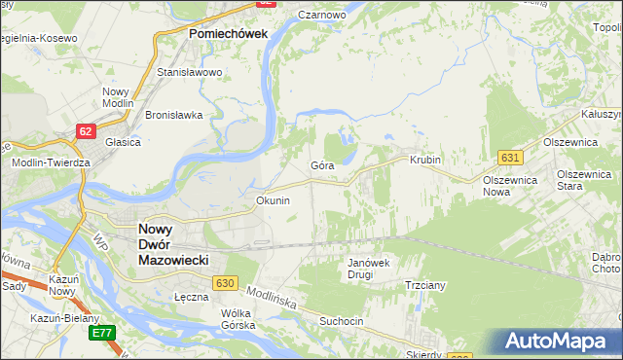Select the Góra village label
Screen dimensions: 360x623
(x=322, y=165)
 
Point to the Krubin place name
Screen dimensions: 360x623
(x=425, y=160)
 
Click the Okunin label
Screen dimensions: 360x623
(x=273, y=200)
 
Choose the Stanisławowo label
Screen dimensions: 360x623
(x=190, y=72)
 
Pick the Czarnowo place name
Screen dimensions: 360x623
(x=322, y=16)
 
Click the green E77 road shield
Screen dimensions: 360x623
(x=102, y=333)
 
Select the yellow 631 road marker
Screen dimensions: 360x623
(x=511, y=157)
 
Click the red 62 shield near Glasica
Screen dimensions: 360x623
(x=87, y=130)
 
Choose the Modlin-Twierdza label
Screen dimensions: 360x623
(x=51, y=162)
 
